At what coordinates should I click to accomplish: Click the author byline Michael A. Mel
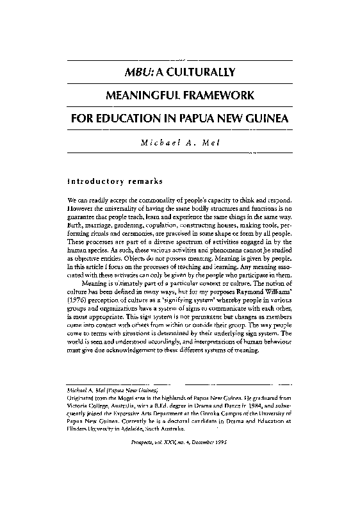(179, 142)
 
